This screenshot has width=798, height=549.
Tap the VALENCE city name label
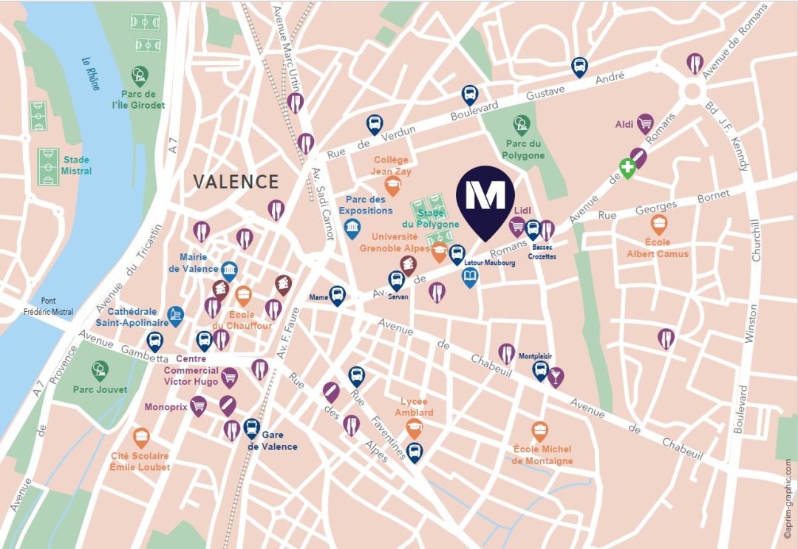(x=236, y=182)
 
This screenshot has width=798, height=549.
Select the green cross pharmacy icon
(x=627, y=169)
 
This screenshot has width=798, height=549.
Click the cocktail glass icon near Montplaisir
(x=556, y=376)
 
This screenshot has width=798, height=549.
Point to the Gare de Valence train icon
(x=252, y=427)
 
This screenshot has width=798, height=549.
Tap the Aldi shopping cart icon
(x=646, y=123)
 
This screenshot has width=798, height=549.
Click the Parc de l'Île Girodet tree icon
(x=139, y=75)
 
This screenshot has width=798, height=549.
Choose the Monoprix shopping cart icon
(x=198, y=405)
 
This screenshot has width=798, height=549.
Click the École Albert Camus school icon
(x=658, y=224)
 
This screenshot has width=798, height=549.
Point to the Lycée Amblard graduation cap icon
(x=415, y=427)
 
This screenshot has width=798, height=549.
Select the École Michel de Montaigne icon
(x=541, y=430)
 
